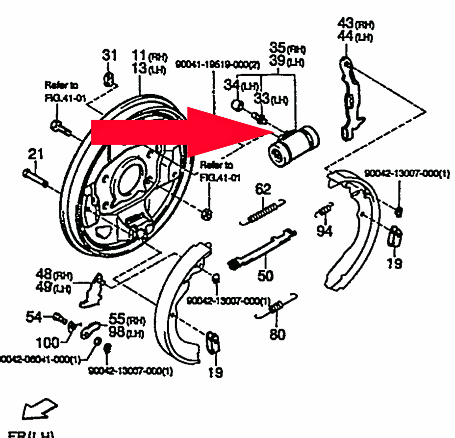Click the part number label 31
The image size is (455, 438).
coord(110,55)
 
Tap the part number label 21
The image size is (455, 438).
coord(35,155)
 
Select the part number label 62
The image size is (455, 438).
coord(263,189)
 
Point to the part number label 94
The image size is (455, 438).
coord(324,230)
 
